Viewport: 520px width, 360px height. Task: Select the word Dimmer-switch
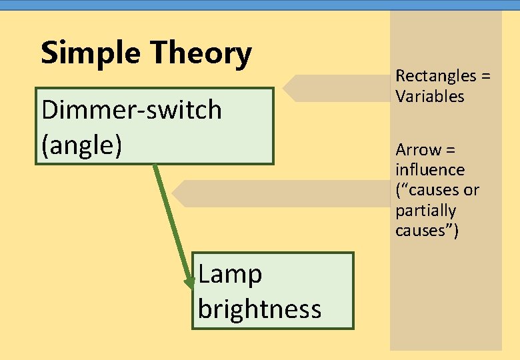(131, 109)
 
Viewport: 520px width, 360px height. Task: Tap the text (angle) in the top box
(81, 145)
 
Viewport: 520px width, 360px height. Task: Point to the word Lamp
(230, 274)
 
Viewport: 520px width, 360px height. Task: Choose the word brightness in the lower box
(259, 309)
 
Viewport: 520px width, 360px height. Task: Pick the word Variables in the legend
(429, 97)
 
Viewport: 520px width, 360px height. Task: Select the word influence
(429, 169)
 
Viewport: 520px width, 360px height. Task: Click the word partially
(425, 211)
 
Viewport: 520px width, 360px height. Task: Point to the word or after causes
(471, 190)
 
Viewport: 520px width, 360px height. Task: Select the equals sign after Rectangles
(485, 76)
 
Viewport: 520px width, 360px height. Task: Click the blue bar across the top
(260, 5)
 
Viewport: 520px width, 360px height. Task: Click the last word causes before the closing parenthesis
(422, 231)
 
